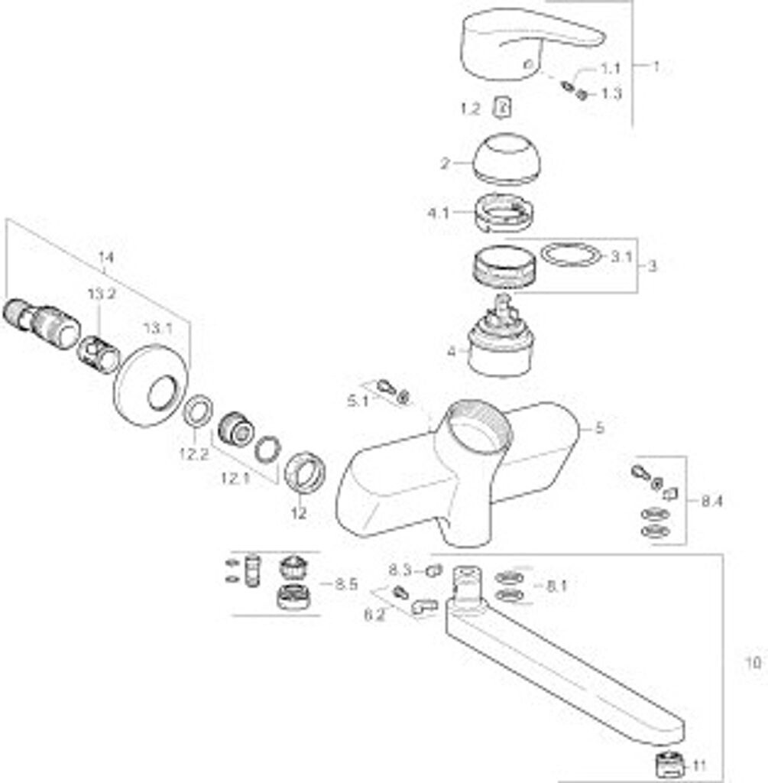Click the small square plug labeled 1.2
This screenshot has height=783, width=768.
coord(503,109)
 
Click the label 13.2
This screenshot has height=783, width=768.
coord(100,294)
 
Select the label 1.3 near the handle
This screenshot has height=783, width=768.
coord(611,94)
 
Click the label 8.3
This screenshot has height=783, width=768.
coord(400,570)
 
